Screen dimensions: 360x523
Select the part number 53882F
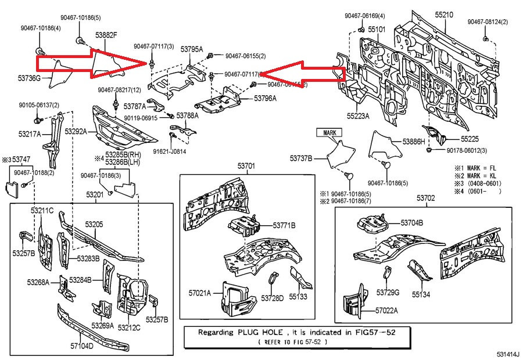pos(106,36)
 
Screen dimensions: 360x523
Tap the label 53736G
pos(29,78)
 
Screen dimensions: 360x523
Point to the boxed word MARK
pos(329,132)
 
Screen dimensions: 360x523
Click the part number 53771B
pos(284,225)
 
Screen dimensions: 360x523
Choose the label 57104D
pos(82,346)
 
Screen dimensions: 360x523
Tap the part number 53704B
pos(411,222)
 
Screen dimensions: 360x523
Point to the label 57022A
pos(386,311)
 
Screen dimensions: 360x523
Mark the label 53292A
pos(76,132)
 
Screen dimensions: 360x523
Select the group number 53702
pos(425,199)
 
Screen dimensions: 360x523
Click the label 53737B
pos(302,158)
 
